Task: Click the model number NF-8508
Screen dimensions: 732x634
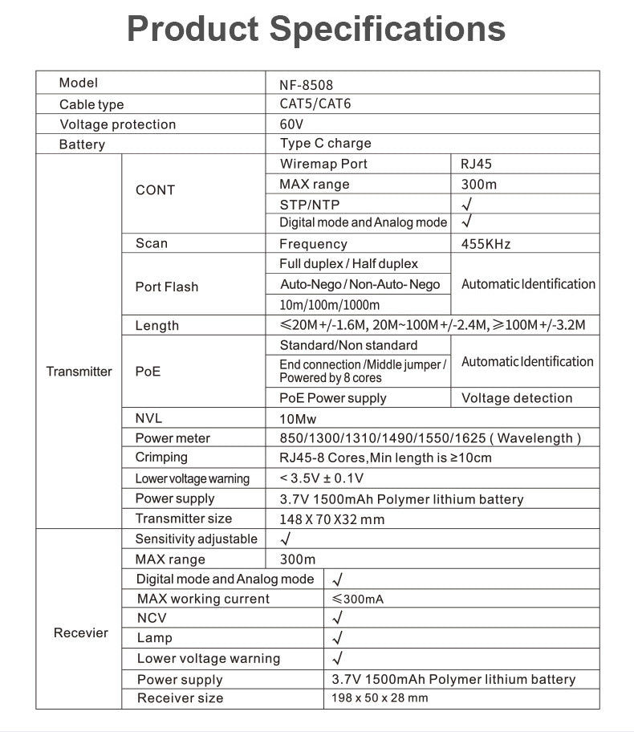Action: pos(306,84)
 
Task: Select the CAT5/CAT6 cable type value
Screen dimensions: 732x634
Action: pos(315,104)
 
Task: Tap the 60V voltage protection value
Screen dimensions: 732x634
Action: pos(292,124)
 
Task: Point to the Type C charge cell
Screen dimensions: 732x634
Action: pos(325,144)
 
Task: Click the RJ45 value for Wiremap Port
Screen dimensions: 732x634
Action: pos(476,164)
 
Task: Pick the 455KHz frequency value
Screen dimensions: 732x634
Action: pos(486,244)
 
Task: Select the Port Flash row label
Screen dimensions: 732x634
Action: pos(167,287)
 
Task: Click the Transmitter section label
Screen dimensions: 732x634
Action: pos(79,372)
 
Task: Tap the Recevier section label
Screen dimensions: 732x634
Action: pos(80,633)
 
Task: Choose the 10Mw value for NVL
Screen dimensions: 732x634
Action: pos(298,418)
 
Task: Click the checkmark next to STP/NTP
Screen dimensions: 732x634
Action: pos(466,204)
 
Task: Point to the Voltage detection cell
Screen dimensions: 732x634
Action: pos(517,398)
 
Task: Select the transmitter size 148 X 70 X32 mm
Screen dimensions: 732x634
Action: pos(331,519)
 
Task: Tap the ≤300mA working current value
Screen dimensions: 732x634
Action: pos(358,599)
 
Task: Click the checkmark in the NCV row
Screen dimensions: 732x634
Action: pos(337,618)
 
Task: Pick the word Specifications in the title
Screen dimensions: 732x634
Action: pos(387,29)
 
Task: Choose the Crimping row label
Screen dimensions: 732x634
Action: pos(161,458)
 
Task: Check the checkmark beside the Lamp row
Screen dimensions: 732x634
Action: pos(337,638)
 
